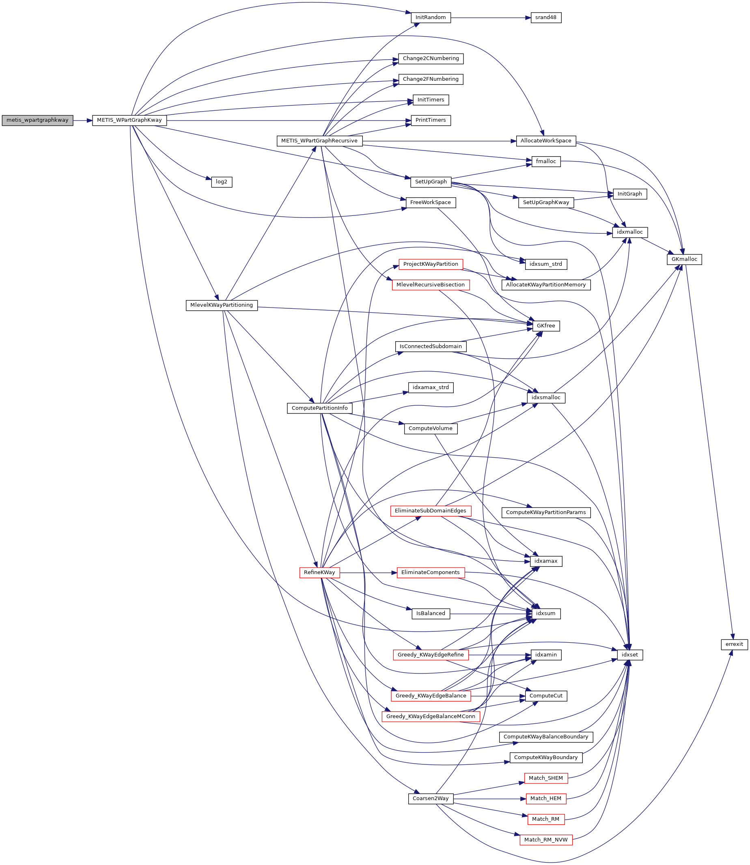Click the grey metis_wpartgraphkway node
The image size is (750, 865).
[37, 120]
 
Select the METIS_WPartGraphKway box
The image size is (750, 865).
[129, 120]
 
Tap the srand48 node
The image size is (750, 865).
[546, 17]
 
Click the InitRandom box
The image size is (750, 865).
[430, 17]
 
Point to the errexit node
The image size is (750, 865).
[734, 644]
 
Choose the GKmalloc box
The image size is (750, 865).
[684, 259]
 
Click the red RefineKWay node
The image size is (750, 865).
[319, 572]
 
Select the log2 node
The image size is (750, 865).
[222, 182]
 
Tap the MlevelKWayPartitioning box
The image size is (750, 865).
[222, 305]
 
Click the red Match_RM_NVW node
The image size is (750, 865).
[546, 839]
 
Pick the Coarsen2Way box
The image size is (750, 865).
[430, 798]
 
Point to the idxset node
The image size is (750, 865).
[630, 655]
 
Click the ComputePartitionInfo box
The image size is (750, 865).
[319, 408]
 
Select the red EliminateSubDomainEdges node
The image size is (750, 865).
[430, 511]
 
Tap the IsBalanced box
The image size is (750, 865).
[430, 613]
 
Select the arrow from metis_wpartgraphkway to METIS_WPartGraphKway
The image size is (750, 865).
[82, 120]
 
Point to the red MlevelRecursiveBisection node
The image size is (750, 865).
[430, 285]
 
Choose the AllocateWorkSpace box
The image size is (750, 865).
[546, 141]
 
